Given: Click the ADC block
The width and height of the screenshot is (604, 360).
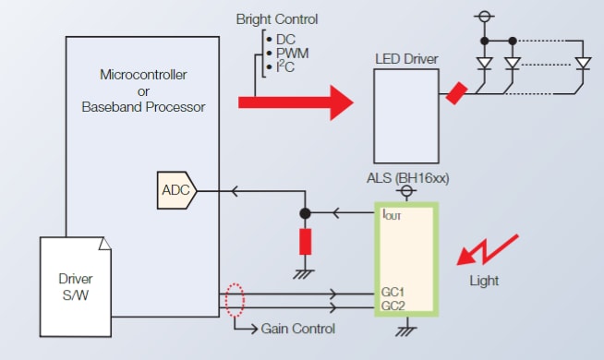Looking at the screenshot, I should [x=176, y=190].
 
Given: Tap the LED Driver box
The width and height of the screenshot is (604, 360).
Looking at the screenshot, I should [x=405, y=108].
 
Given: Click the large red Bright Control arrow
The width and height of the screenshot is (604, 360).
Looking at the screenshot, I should [x=296, y=102].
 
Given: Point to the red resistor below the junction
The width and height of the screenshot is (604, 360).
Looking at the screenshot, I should [x=305, y=242].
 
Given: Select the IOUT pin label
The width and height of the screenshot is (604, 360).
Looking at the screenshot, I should [x=393, y=215].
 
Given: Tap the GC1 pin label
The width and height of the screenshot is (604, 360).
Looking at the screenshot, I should [x=393, y=291].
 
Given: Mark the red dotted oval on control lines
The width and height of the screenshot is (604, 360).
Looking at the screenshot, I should [x=237, y=299].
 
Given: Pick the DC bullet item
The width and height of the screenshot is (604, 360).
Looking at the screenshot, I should [x=283, y=39].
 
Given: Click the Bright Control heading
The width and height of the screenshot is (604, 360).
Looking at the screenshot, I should [x=277, y=19].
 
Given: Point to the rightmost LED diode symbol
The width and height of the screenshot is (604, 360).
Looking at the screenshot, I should [x=582, y=64].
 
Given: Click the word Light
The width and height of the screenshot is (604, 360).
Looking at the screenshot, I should [x=483, y=281].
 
